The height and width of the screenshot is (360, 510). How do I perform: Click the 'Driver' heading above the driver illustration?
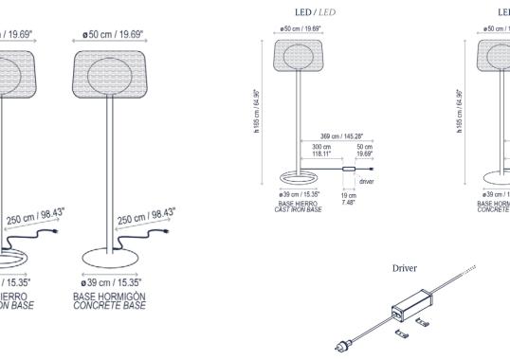[406, 268]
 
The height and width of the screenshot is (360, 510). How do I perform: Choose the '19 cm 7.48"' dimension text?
[348, 198]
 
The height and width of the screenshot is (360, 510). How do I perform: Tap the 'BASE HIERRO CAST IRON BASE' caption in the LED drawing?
[298, 207]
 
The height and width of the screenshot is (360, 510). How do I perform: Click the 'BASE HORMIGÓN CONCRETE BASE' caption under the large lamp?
[110, 302]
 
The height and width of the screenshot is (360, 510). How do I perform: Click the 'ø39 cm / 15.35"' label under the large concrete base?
[110, 282]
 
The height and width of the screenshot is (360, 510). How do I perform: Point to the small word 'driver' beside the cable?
[367, 178]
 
